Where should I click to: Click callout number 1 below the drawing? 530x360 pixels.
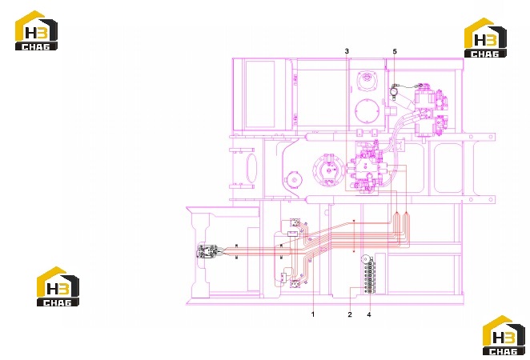pos(313,314)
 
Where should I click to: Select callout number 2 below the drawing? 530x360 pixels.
pos(350,314)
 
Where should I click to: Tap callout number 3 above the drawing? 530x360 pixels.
pos(347,51)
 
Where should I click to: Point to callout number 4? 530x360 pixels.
pos(369,314)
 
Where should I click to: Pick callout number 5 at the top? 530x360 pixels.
pos(395,51)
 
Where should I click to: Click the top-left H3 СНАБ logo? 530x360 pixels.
pos(36,30)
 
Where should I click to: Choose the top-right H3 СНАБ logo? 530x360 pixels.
pos(485,38)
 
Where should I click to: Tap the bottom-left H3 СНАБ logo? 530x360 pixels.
pos(58,286)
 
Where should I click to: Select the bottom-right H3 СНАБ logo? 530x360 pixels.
pos(504,335)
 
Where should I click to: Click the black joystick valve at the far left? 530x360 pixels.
pos(207,251)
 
